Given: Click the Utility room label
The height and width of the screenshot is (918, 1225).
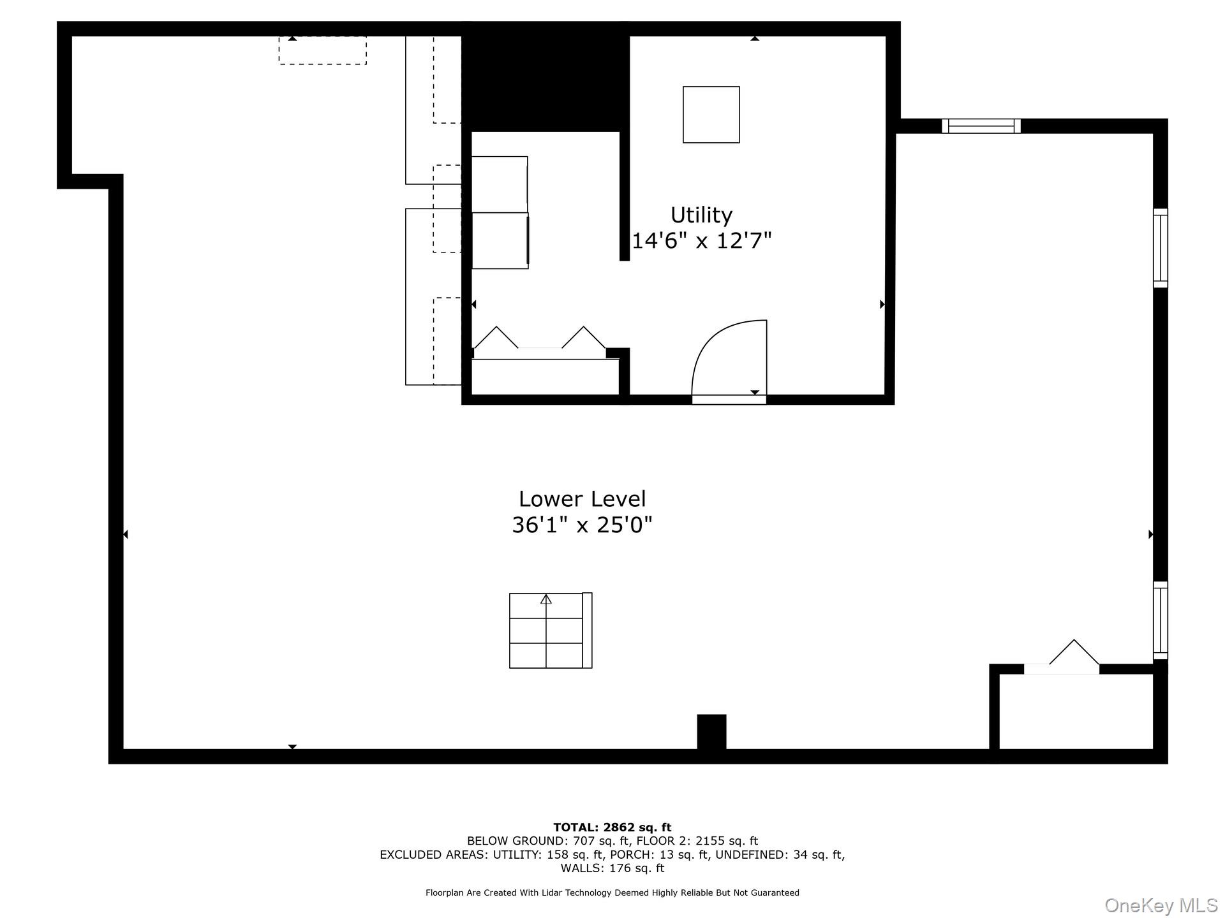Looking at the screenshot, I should point(701,215).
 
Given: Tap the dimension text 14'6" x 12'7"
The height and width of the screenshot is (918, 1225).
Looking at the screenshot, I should point(701,241).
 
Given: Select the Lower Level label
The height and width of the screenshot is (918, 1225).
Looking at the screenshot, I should point(582,499).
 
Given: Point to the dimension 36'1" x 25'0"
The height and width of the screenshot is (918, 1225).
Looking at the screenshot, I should point(582,525).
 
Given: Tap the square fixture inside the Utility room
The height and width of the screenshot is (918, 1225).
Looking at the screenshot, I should point(711,115).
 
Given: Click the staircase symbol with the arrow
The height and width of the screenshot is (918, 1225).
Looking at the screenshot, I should point(550,630).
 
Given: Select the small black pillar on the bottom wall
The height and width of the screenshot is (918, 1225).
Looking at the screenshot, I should point(711,731).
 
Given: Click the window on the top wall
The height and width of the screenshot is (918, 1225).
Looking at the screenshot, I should point(981,126).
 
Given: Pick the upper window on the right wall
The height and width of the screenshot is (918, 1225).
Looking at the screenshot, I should point(1160,248).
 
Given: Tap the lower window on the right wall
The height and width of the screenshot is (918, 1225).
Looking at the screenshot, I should point(1160,620).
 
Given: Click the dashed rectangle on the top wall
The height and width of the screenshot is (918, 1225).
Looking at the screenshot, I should point(322,50).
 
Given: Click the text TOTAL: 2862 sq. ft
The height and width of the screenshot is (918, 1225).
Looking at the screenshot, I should point(612,827).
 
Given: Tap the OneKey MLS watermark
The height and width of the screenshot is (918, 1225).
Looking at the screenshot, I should point(1161,905).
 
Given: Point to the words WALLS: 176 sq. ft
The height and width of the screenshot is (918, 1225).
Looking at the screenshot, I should point(612,868).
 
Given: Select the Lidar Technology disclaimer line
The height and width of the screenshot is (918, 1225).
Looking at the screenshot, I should point(612,893).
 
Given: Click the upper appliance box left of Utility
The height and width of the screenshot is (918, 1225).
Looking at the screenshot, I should point(500,184).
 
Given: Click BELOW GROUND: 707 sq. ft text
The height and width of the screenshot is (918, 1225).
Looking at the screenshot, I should point(549,841).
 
